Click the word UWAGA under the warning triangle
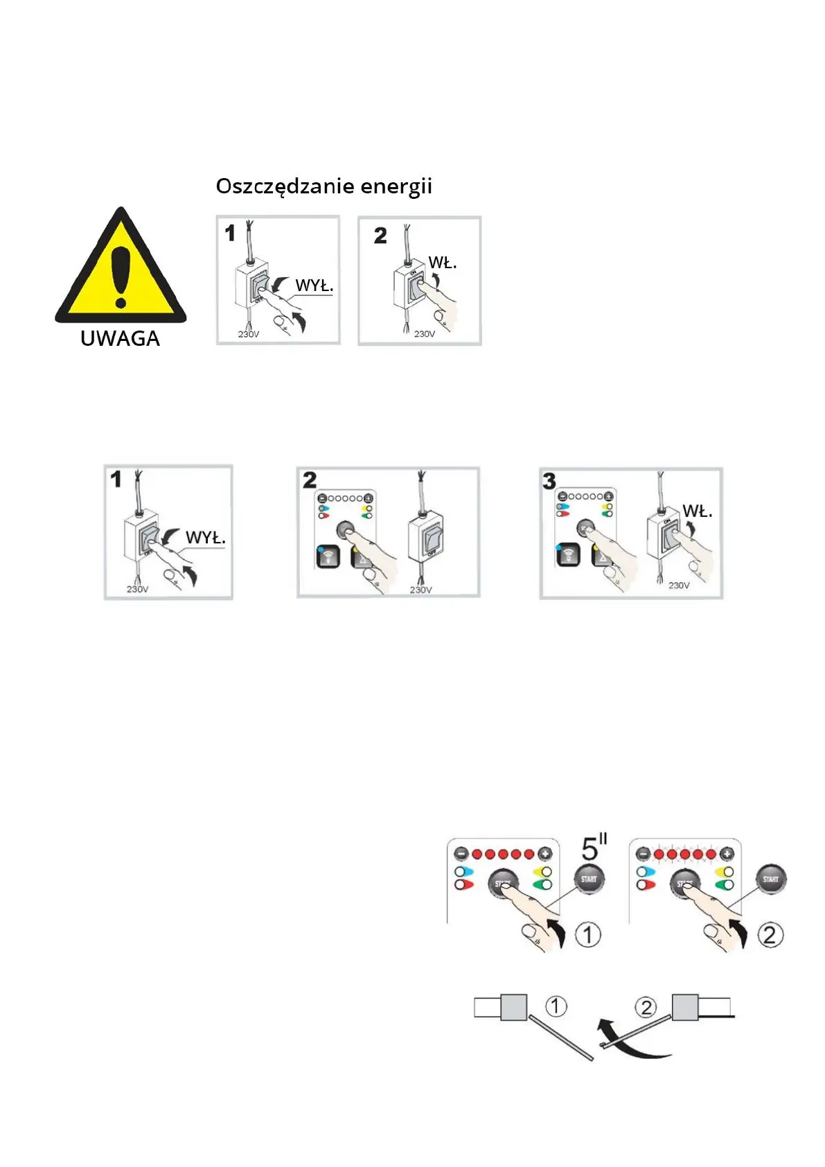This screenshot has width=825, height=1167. click(120, 339)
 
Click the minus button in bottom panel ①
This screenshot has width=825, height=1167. click(461, 854)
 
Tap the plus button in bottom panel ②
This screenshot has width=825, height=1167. click(727, 854)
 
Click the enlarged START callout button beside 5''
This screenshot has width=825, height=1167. click(589, 879)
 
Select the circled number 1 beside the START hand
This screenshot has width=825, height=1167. click(588, 935)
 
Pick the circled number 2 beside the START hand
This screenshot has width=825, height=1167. click(770, 935)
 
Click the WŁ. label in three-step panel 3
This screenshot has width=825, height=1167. click(697, 511)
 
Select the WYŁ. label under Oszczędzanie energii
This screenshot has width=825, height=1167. click(314, 286)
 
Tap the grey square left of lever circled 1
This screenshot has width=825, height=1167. click(513, 1007)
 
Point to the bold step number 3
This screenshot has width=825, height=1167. click(549, 481)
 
